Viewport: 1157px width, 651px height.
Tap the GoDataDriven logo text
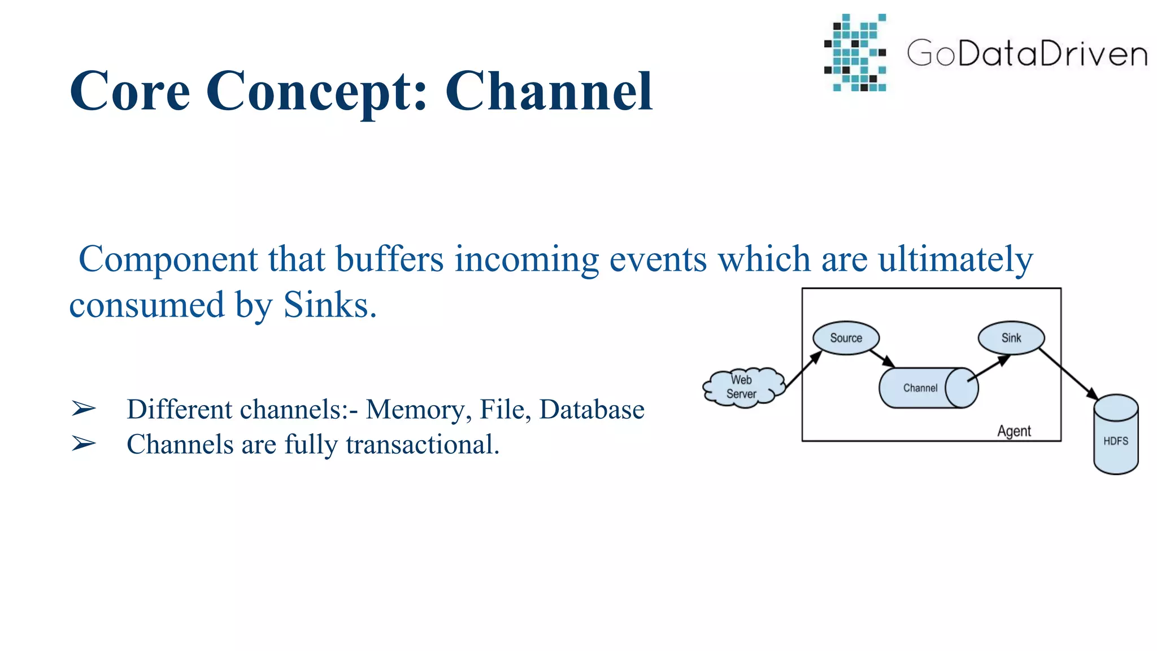[1026, 54]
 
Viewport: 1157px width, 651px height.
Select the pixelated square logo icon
[855, 53]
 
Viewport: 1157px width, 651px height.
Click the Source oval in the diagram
[846, 338]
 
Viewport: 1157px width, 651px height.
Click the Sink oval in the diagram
[1011, 338]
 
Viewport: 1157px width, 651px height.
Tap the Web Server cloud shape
[742, 387]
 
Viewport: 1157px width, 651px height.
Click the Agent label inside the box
[1014, 431]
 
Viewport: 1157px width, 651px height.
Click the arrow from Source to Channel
[882, 358]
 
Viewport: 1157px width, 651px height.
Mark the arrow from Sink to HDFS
[1068, 374]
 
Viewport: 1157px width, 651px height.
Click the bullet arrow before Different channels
[84, 409]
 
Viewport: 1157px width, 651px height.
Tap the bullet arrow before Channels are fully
[84, 444]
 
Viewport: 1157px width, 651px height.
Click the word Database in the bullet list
[591, 410]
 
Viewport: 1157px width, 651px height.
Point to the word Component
[168, 259]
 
